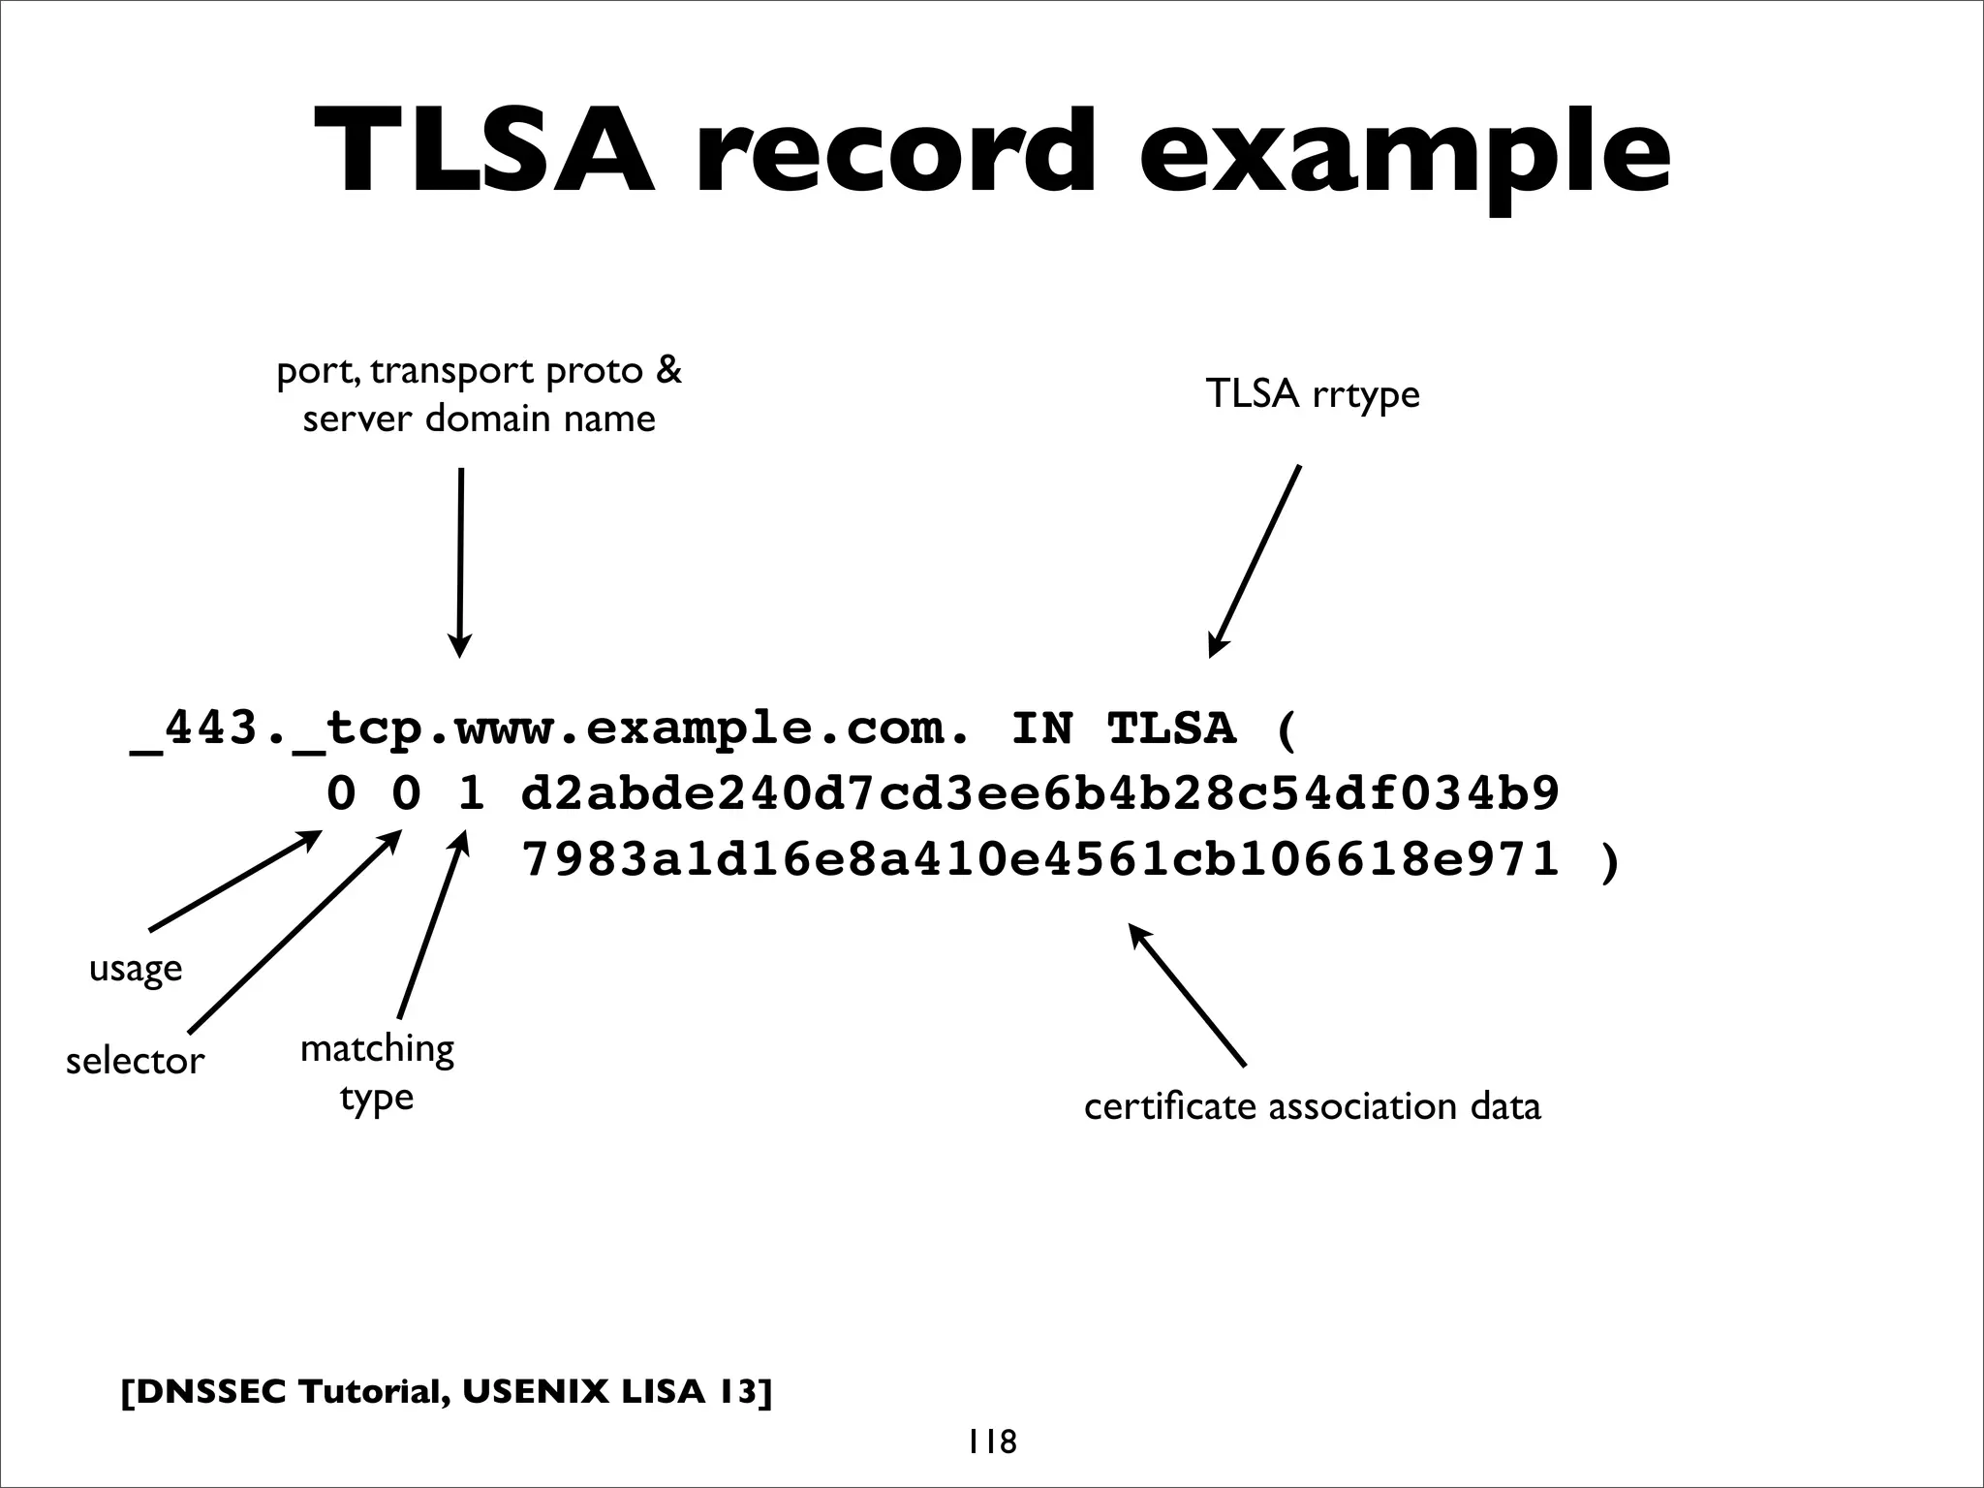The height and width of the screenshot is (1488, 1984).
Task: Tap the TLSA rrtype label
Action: point(1312,394)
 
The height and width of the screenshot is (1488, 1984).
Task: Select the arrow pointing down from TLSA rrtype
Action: point(1255,562)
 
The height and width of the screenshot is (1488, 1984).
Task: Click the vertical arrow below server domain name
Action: point(460,562)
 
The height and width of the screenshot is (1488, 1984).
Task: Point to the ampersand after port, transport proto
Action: point(668,371)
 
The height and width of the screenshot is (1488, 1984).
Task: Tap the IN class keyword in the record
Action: point(1041,728)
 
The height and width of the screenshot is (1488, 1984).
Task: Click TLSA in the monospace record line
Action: point(1171,728)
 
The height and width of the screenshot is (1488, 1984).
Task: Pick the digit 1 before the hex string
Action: point(471,794)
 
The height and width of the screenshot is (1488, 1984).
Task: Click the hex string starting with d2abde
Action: point(1039,794)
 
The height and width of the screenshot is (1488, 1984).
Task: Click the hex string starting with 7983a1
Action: point(1039,859)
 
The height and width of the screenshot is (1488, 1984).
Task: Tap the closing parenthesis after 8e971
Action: point(1609,861)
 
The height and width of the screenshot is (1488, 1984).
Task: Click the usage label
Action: point(136,968)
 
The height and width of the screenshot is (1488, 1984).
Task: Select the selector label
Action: point(135,1062)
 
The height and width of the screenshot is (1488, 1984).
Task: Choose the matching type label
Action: point(377,1072)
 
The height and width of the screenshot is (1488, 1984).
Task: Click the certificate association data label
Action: point(1312,1106)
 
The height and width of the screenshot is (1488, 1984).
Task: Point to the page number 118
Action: point(991,1441)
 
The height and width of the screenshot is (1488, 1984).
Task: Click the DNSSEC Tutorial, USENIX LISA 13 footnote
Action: point(447,1392)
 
